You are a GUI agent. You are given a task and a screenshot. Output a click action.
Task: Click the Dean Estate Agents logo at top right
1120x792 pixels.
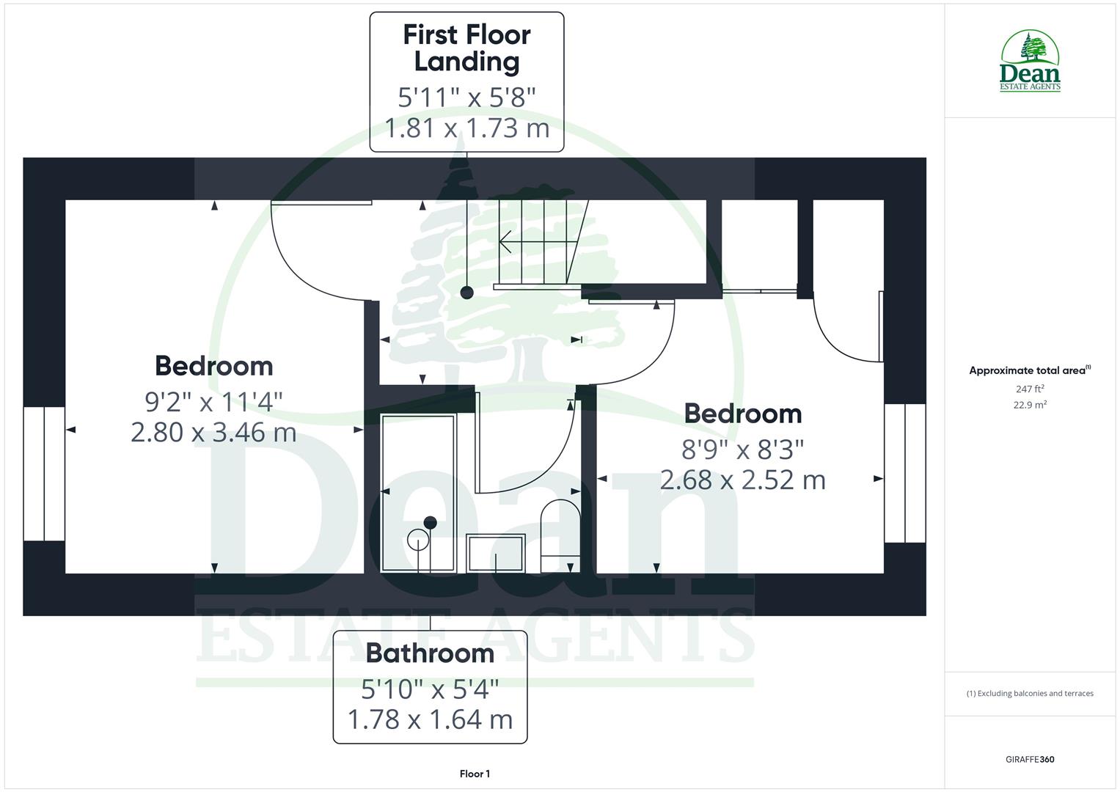(x=1030, y=62)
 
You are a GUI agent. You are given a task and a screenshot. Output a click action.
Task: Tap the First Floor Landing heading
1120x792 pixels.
(x=466, y=48)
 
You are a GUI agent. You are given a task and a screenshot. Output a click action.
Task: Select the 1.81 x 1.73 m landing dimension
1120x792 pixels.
(x=467, y=128)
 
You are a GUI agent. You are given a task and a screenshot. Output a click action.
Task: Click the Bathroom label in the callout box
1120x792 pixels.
(x=430, y=653)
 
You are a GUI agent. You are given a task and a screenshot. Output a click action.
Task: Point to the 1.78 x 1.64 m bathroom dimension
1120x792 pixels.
(x=430, y=719)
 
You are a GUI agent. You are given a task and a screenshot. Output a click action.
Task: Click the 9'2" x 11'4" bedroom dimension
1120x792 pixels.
(x=213, y=401)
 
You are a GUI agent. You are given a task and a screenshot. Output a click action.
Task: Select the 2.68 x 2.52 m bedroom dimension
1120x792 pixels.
(x=742, y=480)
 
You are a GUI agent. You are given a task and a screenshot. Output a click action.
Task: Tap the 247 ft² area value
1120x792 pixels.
(x=1029, y=389)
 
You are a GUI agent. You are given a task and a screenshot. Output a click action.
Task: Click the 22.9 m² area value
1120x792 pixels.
(x=1029, y=404)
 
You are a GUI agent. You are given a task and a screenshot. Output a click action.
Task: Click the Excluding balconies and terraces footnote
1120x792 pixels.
(x=1030, y=693)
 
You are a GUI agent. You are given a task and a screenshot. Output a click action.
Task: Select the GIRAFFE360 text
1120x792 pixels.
(x=1030, y=759)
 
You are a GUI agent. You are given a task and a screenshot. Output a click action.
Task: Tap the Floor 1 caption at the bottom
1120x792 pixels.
(x=475, y=774)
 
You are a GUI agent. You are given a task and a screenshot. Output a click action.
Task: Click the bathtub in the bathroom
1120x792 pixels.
(x=418, y=491)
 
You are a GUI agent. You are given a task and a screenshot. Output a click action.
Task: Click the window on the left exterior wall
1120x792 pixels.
(x=44, y=474)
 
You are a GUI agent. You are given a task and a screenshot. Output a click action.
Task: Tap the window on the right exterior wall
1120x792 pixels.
(x=904, y=473)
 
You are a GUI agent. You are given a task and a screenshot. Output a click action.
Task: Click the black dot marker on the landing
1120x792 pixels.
(x=466, y=293)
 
